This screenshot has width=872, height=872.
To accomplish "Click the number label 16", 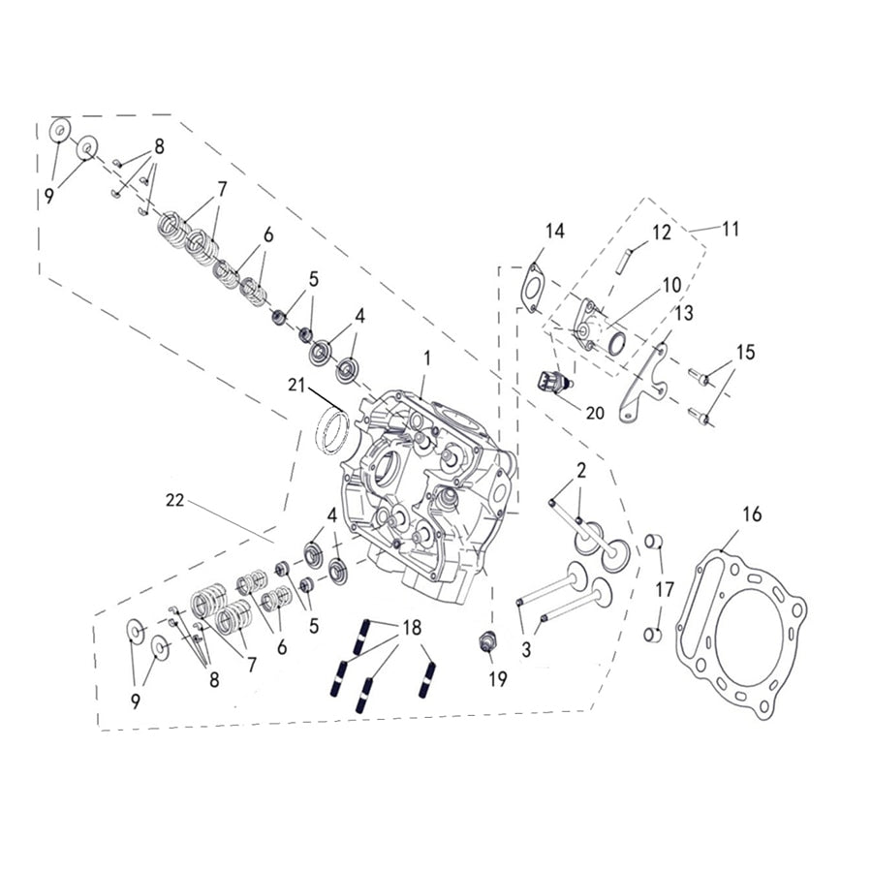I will coord(752,514).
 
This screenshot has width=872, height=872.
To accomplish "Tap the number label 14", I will coord(553,232).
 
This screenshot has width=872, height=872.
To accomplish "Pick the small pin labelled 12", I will coord(629,260).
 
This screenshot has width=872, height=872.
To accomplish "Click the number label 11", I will coord(730,229).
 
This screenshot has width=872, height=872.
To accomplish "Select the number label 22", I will coord(174,500).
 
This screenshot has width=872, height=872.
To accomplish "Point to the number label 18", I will coord(412,628).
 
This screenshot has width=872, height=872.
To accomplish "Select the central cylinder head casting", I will coord(426,494).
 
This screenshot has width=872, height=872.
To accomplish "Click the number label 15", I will coord(744,352).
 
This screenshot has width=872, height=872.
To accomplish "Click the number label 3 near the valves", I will coord(526,650).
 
